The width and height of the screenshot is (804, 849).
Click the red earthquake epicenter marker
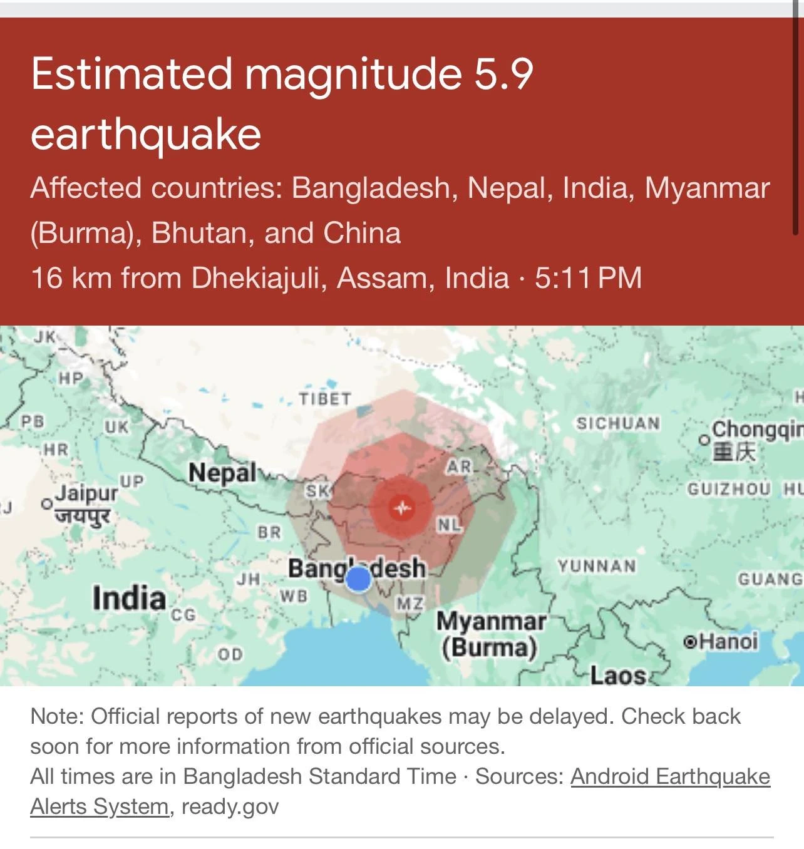401,507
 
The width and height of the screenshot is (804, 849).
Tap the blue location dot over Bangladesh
358,579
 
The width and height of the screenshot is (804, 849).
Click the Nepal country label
222,473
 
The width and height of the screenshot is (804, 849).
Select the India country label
129,598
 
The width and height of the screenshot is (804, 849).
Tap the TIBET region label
324,399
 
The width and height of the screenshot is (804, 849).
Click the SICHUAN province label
618,424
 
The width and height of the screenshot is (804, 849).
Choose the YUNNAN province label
597,567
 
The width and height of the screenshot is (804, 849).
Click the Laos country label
618,676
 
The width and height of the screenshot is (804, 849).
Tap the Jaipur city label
86,494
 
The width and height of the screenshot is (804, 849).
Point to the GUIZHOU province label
729,489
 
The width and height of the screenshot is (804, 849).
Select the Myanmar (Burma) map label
490,634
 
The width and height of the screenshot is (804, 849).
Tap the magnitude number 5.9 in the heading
503,74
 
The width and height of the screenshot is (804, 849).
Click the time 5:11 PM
588,278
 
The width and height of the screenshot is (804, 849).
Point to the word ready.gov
230,806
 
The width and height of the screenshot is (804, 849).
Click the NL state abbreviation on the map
448,525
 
